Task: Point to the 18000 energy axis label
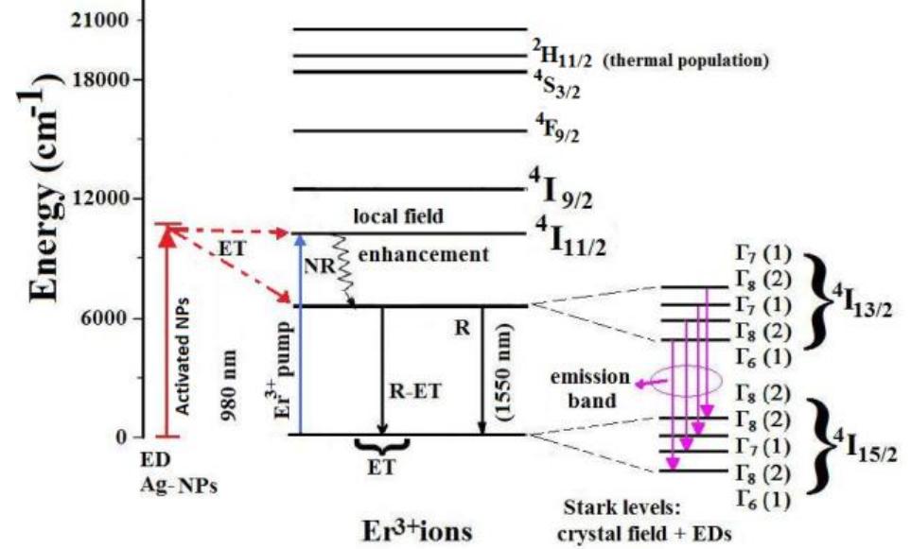[x=101, y=79]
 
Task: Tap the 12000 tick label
[x=101, y=198]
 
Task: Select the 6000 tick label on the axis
[x=106, y=318]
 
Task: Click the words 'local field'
[x=398, y=216]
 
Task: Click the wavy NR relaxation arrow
[x=342, y=269]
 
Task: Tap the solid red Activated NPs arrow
[x=166, y=331]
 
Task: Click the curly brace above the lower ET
[x=381, y=444]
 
